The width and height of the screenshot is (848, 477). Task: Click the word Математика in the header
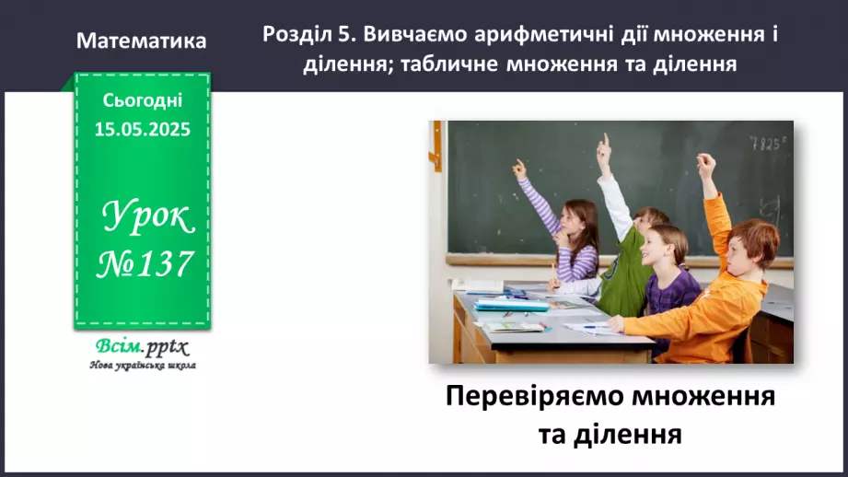[x=142, y=41]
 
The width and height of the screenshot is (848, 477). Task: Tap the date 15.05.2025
[x=143, y=130]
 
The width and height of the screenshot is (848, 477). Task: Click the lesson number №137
[x=145, y=263]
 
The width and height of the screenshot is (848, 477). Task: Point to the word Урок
[x=147, y=219]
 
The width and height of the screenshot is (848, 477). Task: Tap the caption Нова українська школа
[x=143, y=366]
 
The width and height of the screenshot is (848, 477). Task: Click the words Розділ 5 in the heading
[x=308, y=34]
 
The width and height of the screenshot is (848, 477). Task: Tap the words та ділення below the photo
[x=610, y=433]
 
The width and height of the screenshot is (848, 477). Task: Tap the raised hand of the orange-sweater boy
[x=706, y=165]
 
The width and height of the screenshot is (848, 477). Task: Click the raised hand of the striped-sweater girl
[x=519, y=169]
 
